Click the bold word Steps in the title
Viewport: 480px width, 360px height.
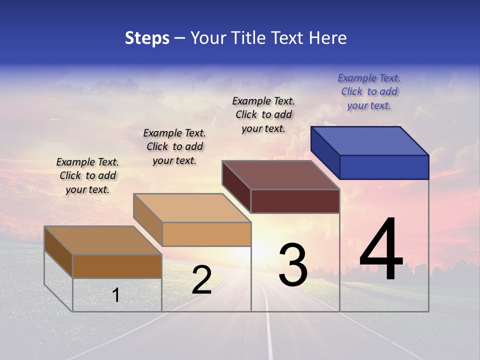[x=147, y=38]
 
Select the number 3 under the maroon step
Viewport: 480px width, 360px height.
[x=293, y=264]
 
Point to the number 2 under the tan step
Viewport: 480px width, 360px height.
[x=201, y=280]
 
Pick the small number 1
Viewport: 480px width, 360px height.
[x=116, y=295]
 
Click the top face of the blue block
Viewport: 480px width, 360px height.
[x=369, y=140]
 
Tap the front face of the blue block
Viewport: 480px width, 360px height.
[x=384, y=167]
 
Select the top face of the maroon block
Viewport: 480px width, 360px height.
[x=280, y=175]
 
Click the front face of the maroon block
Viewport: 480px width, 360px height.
[x=295, y=201]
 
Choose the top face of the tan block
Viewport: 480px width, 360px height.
[x=191, y=208]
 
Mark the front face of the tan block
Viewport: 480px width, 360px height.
[x=206, y=234]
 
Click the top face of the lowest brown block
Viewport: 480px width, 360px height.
[x=102, y=240]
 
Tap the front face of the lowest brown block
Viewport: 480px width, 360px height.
[x=117, y=266]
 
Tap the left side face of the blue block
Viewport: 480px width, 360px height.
[x=325, y=152]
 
